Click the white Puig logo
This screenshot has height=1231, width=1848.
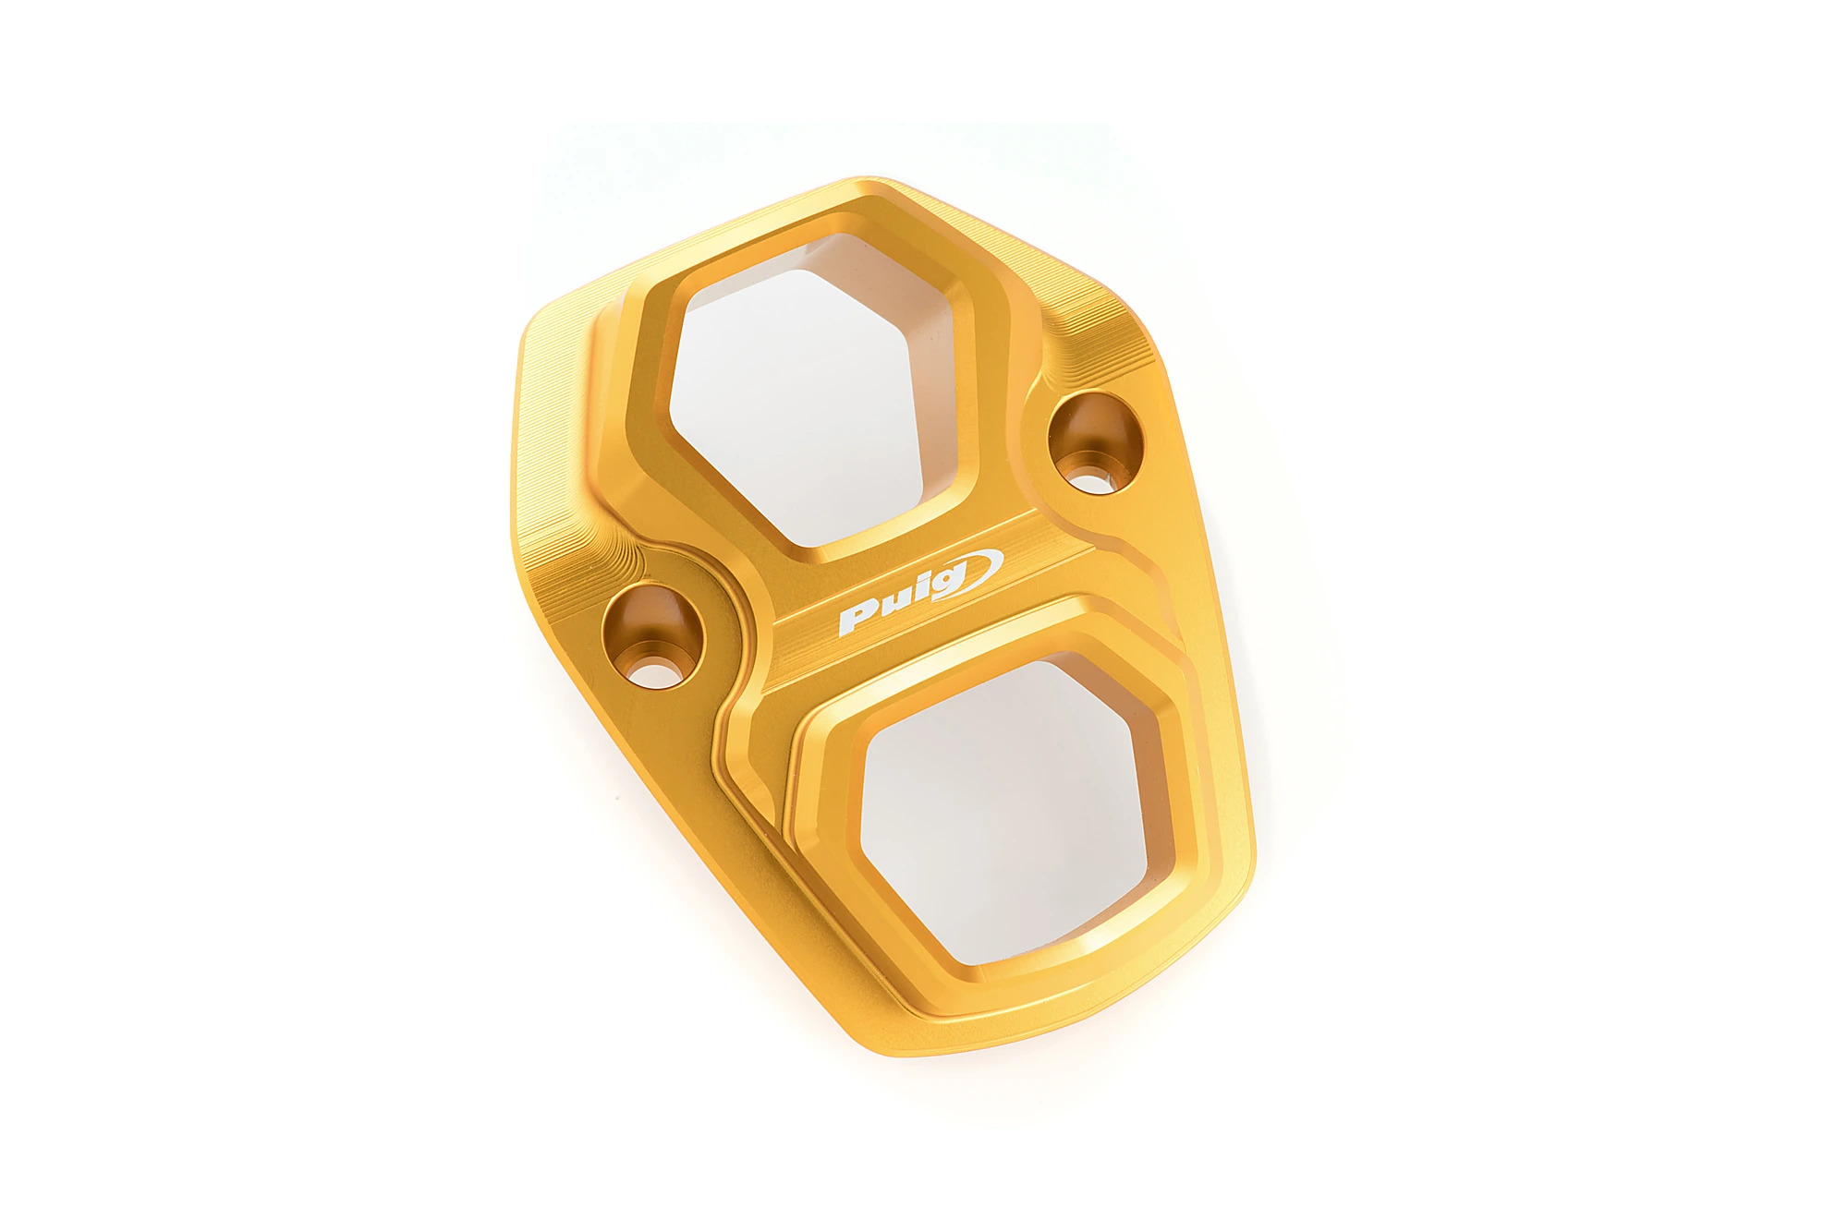point(920,592)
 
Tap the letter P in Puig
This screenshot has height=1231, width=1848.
point(858,619)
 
